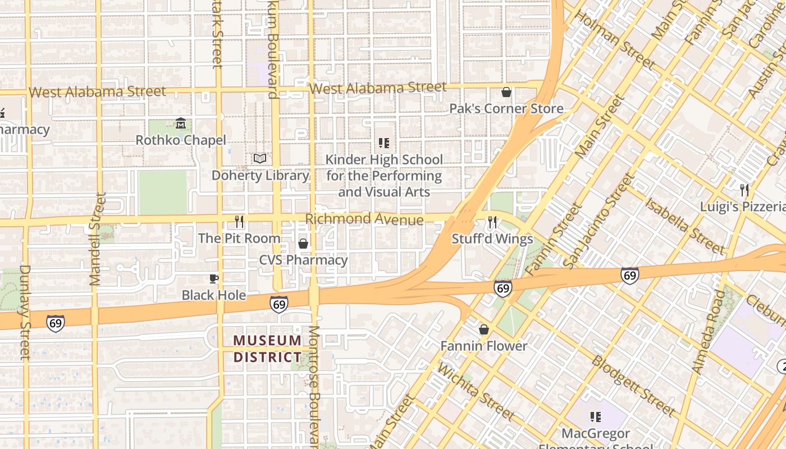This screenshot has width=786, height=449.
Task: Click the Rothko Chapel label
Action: [181, 140]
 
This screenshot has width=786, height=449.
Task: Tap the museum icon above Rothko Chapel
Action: [181, 123]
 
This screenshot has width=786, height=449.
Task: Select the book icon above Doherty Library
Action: [259, 159]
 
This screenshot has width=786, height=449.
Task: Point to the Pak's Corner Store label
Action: [506, 109]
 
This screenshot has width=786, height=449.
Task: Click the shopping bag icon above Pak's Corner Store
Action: [506, 92]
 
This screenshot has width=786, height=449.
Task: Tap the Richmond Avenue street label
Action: [364, 219]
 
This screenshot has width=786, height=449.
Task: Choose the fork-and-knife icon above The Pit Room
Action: [239, 222]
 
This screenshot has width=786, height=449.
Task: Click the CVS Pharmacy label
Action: [303, 260]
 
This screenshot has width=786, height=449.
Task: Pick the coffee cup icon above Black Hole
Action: [213, 278]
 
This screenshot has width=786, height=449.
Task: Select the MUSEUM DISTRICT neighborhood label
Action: [267, 349]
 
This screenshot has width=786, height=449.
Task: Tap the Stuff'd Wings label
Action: [492, 239]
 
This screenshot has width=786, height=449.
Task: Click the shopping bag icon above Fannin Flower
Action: [484, 329]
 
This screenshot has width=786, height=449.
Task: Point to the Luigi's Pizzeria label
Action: [742, 207]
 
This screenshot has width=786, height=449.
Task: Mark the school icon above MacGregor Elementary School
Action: [596, 417]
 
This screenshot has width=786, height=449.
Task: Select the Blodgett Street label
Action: [633, 386]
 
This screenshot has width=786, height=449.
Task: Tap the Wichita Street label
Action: [475, 392]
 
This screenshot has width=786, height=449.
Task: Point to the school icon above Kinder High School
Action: [384, 143]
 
